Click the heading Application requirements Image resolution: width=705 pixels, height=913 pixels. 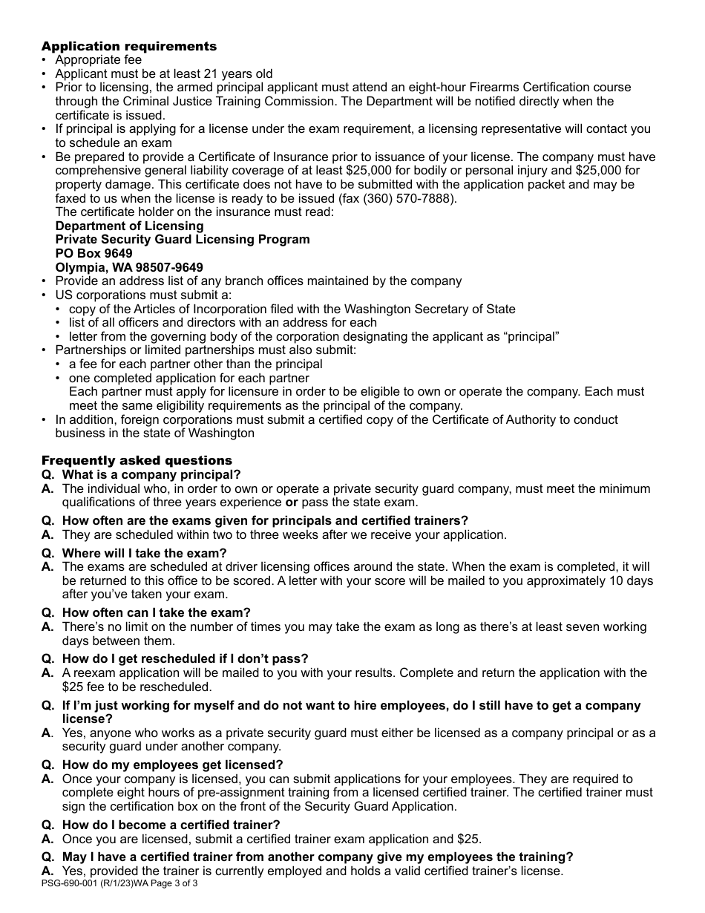129,46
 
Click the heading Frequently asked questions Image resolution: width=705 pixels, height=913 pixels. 137,460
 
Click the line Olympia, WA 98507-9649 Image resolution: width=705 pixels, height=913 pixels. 129,268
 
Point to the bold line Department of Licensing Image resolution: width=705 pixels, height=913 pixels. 129,226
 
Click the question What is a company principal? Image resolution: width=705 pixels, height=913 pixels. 151,474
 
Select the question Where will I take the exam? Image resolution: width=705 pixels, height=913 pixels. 145,553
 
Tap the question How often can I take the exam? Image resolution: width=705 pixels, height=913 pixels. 157,612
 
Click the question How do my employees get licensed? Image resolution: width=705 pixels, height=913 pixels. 173,765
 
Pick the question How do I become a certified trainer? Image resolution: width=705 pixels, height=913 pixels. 171,825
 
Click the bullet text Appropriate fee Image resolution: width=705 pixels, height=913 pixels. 99,60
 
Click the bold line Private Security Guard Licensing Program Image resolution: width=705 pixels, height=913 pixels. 183,240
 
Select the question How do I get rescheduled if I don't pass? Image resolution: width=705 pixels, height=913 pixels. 185,658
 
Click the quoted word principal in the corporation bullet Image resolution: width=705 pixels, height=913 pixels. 530,337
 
